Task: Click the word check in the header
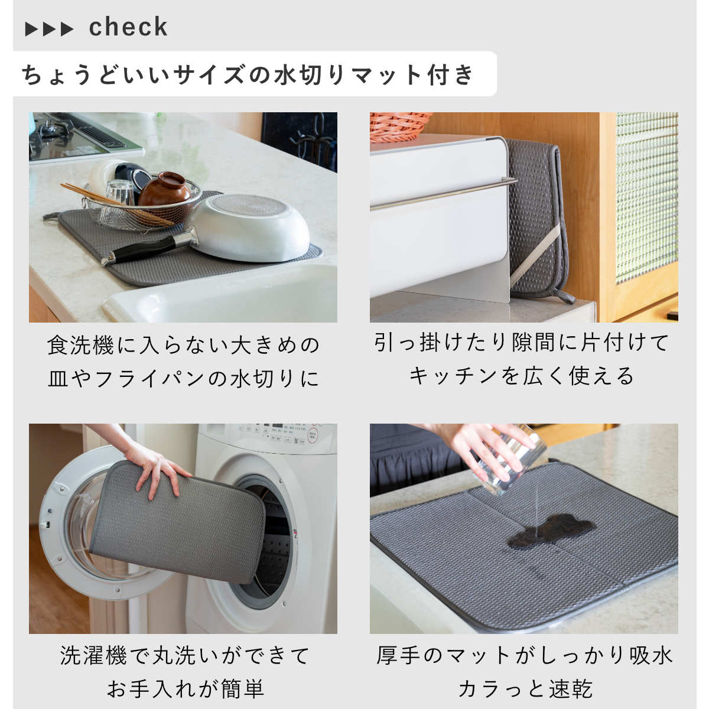tap(128, 27)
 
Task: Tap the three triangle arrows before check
tap(49, 29)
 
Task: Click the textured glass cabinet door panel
tap(647, 198)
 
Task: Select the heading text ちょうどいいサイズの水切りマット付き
tap(248, 74)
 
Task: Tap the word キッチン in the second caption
tap(453, 376)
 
